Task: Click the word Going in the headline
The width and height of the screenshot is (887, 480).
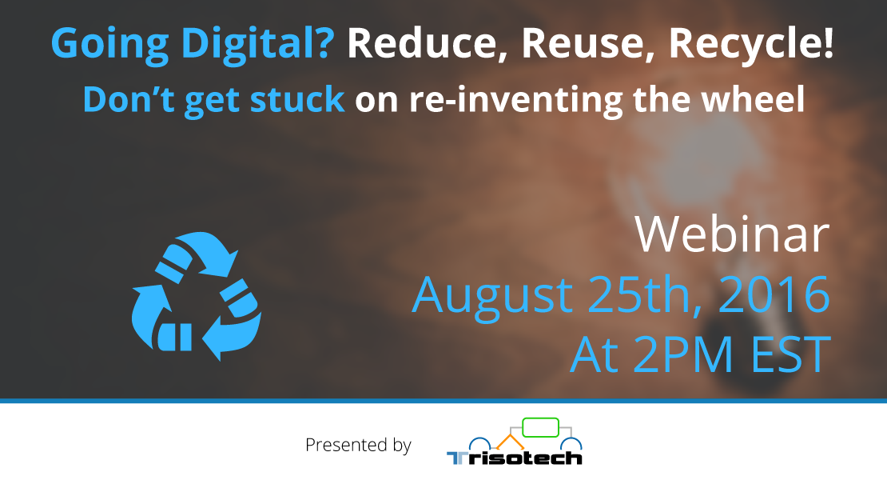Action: coord(109,43)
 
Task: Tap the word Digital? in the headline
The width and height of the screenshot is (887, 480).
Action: coord(258,43)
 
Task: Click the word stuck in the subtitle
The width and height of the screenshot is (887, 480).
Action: coord(297,100)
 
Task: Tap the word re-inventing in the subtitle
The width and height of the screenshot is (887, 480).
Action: coord(515,100)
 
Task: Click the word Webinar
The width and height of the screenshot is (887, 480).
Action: coord(731,234)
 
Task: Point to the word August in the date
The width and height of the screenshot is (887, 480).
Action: coord(492,296)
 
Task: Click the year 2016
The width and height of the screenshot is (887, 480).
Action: coord(774,294)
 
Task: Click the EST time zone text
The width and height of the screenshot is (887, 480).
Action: coord(790,355)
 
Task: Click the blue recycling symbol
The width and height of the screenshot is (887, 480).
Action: coord(197,296)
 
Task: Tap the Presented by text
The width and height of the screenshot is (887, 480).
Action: coord(358,446)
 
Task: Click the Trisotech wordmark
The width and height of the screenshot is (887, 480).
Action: coord(514,458)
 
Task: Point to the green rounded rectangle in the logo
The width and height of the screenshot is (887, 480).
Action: coord(540,427)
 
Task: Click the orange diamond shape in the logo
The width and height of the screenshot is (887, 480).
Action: coord(511,442)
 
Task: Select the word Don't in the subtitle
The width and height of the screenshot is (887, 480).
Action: coord(129,99)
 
